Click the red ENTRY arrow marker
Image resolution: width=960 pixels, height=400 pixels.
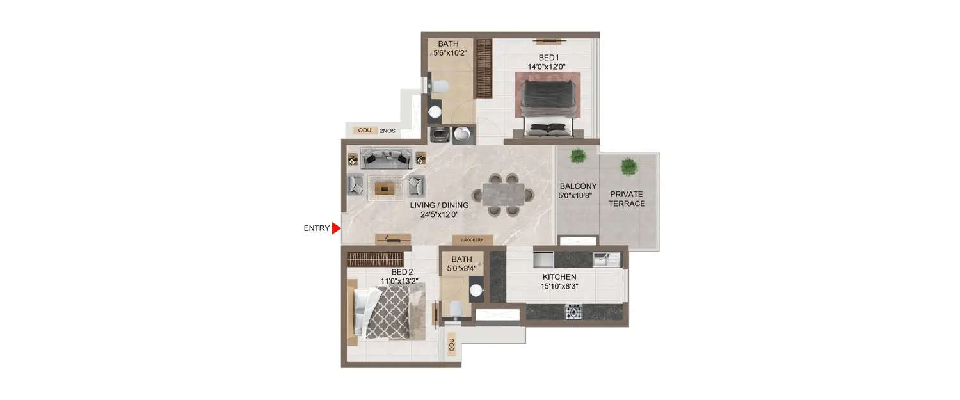(x=336, y=228)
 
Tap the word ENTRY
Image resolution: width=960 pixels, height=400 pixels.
(x=317, y=228)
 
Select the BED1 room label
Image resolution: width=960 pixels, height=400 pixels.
(x=549, y=57)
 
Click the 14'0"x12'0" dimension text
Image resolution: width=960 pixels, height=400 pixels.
(x=549, y=66)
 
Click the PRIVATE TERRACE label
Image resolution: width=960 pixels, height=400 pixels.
(x=627, y=198)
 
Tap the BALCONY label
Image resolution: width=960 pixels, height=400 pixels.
(x=578, y=186)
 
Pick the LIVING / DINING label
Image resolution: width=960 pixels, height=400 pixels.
(x=440, y=205)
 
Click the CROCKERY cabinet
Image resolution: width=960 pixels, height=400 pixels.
(x=472, y=240)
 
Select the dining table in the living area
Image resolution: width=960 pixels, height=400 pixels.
(x=503, y=194)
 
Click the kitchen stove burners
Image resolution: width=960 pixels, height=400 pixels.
(x=573, y=312)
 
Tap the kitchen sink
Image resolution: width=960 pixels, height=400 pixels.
(x=605, y=259)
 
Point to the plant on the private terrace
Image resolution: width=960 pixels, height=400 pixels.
(x=628, y=166)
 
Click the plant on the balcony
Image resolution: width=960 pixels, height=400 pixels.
(x=578, y=156)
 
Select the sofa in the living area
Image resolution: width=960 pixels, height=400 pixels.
(x=385, y=158)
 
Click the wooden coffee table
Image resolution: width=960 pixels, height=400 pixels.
(x=385, y=187)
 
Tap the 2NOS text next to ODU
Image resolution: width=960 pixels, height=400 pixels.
(x=387, y=131)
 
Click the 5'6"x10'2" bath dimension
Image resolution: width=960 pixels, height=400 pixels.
(x=448, y=53)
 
